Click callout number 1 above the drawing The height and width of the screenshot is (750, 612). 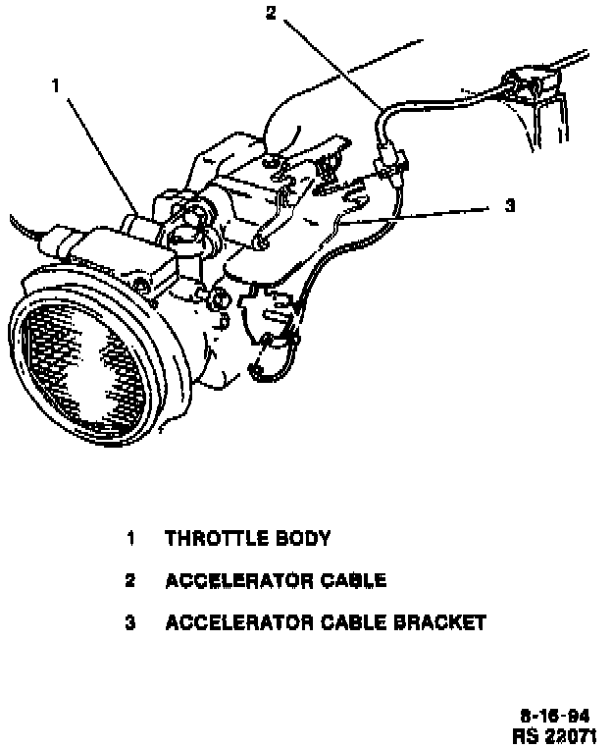point(57,86)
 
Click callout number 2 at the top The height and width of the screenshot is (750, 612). point(271,12)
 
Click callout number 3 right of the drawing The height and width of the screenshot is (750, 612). point(509,205)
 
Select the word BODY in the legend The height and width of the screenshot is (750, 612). point(304,538)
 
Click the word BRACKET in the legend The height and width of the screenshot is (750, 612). point(438,622)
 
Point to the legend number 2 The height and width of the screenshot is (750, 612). point(129,580)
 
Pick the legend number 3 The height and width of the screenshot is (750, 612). point(129,622)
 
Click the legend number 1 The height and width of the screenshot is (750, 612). point(129,538)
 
